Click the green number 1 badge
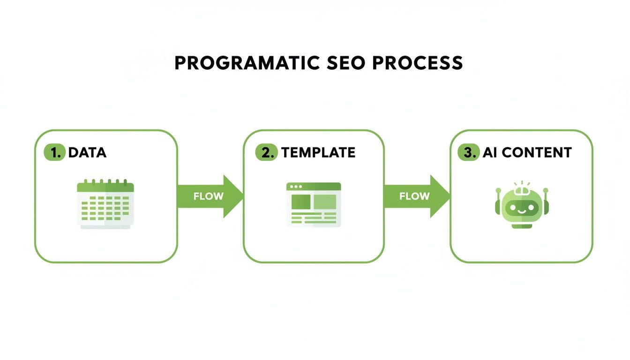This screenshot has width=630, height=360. (x=54, y=152)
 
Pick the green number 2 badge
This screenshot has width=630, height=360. (x=266, y=152)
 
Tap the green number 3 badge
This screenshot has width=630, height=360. (x=468, y=152)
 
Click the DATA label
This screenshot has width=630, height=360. (x=87, y=152)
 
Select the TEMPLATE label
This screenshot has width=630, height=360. (x=318, y=152)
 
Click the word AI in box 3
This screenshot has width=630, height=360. (x=489, y=152)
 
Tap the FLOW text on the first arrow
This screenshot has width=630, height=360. (x=208, y=196)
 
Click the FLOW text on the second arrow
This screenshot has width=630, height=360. (x=414, y=196)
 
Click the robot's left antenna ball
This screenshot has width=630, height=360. (x=498, y=190)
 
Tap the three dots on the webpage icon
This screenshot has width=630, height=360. (x=296, y=187)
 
